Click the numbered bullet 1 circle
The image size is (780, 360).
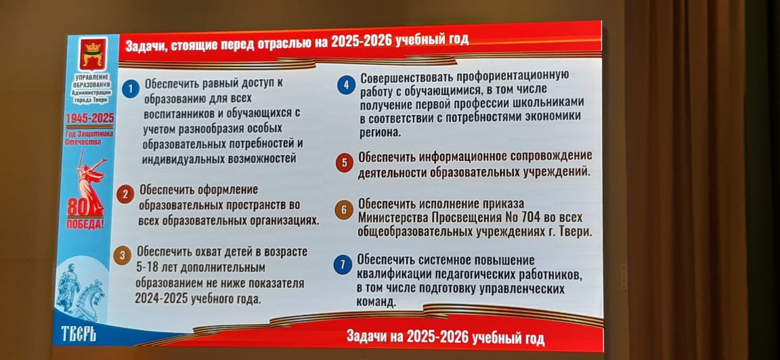[130, 89]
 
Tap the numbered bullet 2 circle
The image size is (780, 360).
[125, 194]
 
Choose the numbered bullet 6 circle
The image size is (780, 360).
[343, 210]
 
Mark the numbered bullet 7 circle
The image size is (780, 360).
[342, 265]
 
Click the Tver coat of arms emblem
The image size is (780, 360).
[93, 53]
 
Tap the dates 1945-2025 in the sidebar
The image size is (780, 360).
[89, 119]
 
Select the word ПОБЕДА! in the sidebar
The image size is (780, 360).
[85, 223]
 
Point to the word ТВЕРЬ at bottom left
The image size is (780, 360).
[79, 335]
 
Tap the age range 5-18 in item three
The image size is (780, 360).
[149, 267]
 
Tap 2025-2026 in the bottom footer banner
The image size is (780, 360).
[437, 338]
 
